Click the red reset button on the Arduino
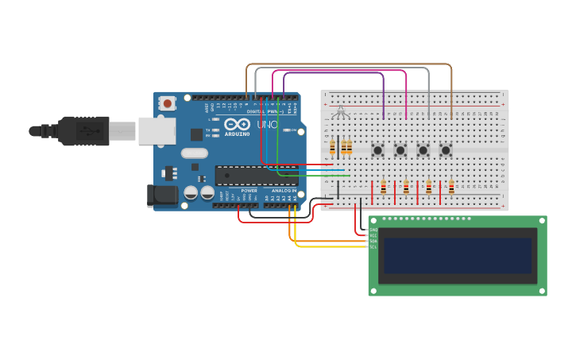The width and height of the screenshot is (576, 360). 168,103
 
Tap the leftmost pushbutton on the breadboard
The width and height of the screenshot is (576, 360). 377,149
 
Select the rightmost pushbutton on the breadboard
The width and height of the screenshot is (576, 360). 446,149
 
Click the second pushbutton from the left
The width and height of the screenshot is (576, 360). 400,149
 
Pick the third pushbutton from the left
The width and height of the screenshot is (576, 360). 423,149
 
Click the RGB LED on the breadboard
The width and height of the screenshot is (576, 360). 341,111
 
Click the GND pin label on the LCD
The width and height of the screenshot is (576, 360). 373,230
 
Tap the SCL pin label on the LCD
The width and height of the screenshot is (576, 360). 373,247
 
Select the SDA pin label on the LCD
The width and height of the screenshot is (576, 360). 373,241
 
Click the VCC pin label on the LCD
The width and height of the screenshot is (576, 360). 373,235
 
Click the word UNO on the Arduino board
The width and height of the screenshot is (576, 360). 268,125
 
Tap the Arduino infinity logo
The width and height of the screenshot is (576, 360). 237,124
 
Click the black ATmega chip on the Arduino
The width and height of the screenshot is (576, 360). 256,175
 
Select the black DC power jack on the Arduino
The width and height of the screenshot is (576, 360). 163,195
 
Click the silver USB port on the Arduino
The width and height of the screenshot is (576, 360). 157,131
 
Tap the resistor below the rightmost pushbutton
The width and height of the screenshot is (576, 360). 451,188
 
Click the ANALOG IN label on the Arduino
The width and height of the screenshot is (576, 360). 283,191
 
